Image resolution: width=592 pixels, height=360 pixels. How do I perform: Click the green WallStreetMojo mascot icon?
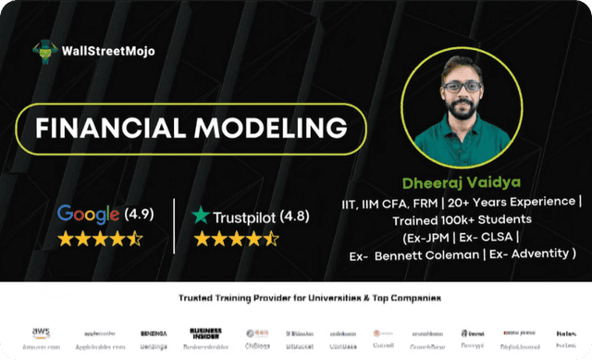tap(42, 49)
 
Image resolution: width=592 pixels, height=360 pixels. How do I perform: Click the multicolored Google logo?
tap(89, 214)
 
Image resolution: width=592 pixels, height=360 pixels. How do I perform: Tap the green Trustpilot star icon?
tap(200, 216)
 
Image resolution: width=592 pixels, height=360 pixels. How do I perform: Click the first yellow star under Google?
tap(66, 240)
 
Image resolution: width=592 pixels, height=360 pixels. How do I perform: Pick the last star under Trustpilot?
tap(271, 240)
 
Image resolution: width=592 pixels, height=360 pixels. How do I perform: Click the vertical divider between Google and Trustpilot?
tap(174, 225)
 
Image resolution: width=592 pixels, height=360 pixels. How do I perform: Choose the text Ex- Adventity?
tap(531, 255)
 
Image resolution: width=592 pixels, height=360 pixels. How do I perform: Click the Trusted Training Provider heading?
tap(297, 298)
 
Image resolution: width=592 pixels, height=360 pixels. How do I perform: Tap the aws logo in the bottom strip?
tap(40, 331)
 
